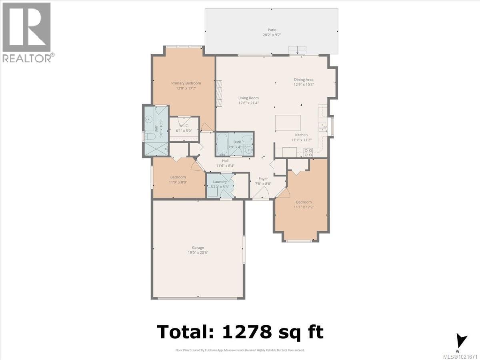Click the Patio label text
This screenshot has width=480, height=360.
272,30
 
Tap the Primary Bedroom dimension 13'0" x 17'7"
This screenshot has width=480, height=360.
186,88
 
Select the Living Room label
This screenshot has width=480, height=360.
248,98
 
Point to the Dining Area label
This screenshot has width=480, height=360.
304,80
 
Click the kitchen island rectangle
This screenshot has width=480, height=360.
288,122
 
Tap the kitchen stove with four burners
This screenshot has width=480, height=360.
308,152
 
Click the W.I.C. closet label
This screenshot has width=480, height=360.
184,126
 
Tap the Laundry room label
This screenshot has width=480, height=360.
220,182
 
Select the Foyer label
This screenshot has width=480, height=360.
263,179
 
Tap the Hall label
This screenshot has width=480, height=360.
225,160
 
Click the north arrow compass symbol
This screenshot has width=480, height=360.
462,341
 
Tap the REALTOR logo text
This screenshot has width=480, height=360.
27,58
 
